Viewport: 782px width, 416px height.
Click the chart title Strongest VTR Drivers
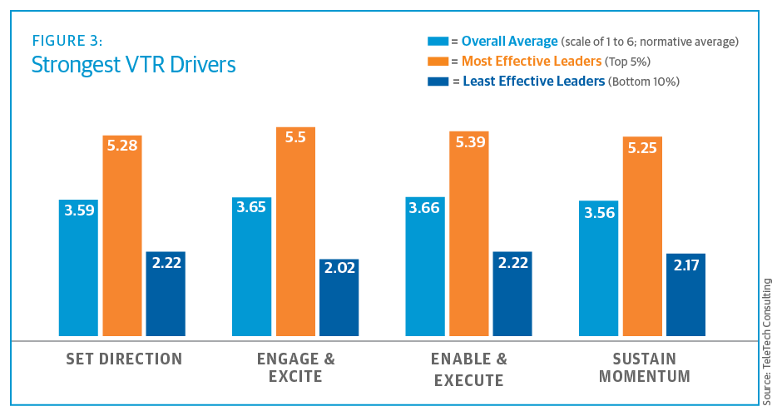[133, 64]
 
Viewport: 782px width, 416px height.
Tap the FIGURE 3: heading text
[67, 40]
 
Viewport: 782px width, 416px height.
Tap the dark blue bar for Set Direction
[166, 295]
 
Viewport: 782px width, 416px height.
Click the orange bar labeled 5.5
[296, 233]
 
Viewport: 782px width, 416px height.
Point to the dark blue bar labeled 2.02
[339, 300]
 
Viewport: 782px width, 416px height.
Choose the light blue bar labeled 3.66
[425, 266]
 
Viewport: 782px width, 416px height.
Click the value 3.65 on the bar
[252, 208]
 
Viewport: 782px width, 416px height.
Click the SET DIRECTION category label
[124, 359]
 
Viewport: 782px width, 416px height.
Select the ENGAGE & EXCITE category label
[296, 368]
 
